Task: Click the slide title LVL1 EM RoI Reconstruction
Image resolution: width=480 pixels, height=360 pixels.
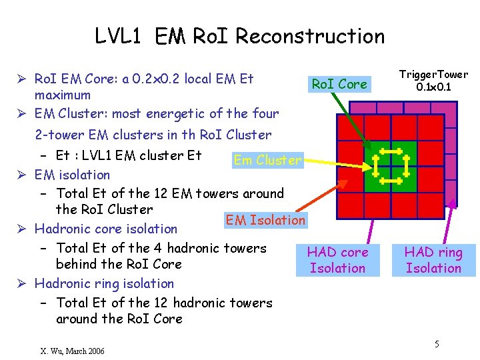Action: [239, 35]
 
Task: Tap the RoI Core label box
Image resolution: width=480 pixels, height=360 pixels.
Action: [339, 84]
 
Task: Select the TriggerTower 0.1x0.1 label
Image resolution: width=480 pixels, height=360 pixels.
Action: [433, 81]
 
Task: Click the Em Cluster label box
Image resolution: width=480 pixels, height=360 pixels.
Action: [267, 160]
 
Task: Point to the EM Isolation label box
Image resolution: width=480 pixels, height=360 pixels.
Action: [265, 219]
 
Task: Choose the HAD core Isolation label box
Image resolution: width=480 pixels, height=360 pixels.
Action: [337, 260]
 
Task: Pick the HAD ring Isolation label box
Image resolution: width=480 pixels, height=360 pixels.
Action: [433, 260]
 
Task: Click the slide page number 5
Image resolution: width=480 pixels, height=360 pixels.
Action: [437, 344]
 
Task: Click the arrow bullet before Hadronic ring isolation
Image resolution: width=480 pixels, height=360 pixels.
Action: [23, 284]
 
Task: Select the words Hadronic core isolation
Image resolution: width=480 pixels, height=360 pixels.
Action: [106, 229]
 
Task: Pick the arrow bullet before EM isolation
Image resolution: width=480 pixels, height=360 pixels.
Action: [23, 175]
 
